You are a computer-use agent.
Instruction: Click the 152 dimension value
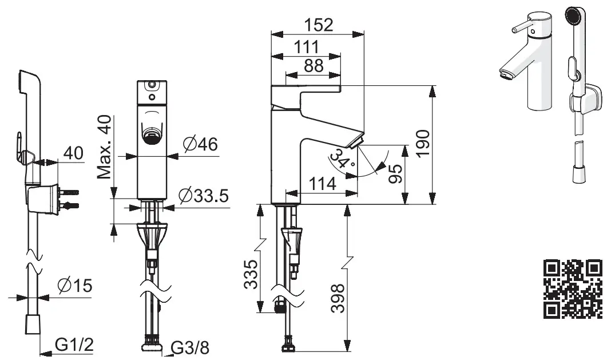(x=319, y=25)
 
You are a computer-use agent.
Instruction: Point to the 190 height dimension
(x=423, y=144)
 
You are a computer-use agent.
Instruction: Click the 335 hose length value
(x=251, y=274)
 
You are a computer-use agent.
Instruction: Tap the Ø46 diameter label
(x=200, y=145)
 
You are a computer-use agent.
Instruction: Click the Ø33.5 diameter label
(x=203, y=196)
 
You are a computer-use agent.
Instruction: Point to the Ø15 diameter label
(x=75, y=284)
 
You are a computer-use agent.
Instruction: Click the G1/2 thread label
(x=74, y=345)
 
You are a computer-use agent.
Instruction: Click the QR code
(x=572, y=288)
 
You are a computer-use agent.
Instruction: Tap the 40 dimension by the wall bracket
(x=72, y=153)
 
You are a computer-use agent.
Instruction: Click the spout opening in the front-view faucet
(x=152, y=134)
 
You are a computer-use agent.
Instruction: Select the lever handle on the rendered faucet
(x=521, y=27)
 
